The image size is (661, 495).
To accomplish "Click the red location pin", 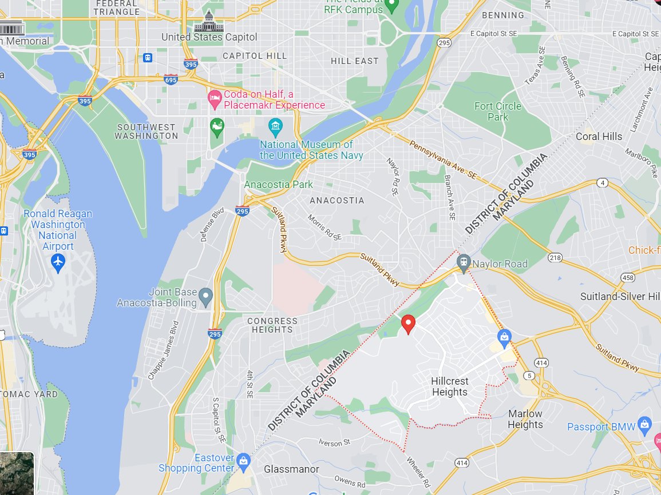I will [408, 324].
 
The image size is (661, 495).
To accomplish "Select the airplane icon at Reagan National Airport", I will [58, 262].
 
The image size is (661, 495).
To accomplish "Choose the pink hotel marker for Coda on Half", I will [215, 98].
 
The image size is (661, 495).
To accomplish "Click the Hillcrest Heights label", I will [450, 386].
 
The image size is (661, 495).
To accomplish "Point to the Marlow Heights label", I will [525, 419].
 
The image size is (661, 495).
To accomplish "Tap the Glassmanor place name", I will [291, 469].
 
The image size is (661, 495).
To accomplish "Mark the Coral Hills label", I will [599, 137].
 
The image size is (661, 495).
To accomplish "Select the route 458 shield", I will [628, 277].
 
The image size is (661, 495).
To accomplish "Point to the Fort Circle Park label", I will [497, 111].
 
